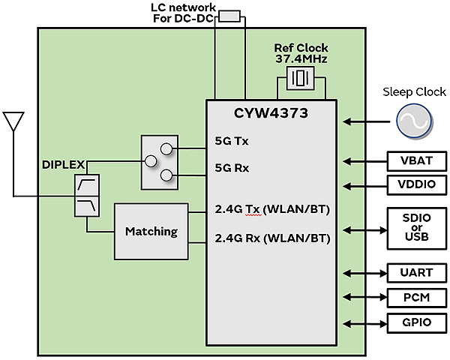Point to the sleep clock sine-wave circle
pyautogui.click(x=413, y=121)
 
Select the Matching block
pyautogui.click(x=151, y=231)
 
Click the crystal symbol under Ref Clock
pyautogui.click(x=301, y=78)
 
